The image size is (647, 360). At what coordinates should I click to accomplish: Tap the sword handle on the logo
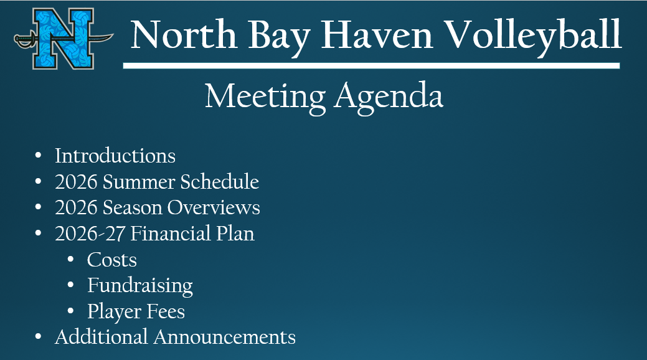coord(24,41)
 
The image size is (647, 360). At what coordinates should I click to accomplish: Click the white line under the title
coord(371,65)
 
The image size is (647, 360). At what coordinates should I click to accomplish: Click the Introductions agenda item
coord(115,155)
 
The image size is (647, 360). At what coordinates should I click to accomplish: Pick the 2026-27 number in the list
coord(90,234)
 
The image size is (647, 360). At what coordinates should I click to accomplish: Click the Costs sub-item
coord(112,260)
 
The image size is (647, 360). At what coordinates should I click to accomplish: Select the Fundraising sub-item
coord(140,286)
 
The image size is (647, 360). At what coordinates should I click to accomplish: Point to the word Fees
coord(168,311)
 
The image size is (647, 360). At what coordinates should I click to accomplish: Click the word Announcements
coord(225,337)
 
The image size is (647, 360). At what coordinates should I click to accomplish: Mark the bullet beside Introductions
coord(39,155)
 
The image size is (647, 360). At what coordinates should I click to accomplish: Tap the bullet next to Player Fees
coord(72,311)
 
